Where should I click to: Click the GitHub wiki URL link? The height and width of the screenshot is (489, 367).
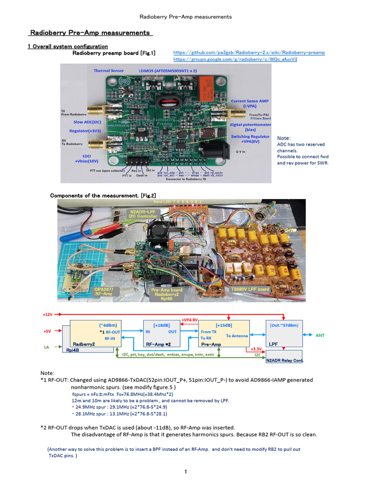[248, 53]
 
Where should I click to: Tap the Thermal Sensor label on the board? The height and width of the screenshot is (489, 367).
[108, 71]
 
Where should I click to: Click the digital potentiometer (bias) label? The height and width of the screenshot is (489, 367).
[249, 127]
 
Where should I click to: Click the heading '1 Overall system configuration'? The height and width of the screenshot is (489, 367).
[67, 46]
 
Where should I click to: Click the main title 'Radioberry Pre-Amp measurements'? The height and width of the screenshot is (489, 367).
[90, 33]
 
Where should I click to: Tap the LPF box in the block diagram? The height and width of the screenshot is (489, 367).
[284, 333]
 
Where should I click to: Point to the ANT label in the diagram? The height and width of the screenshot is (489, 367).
[320, 335]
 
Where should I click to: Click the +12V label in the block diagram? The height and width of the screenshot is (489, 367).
[47, 315]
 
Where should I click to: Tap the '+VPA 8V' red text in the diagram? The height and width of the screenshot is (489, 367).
[190, 320]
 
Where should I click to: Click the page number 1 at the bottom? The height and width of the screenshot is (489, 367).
[186, 472]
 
